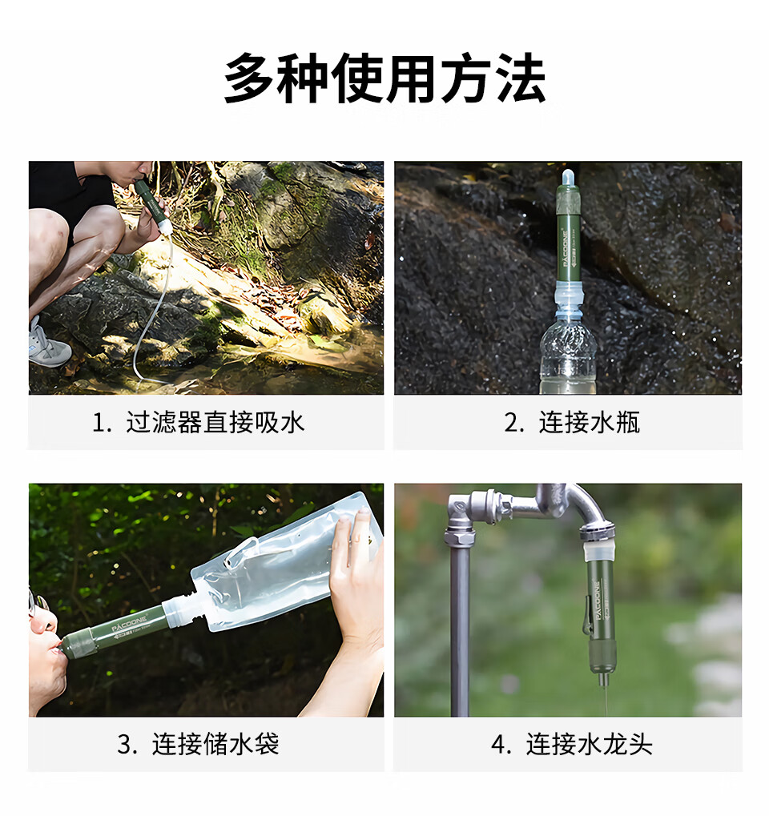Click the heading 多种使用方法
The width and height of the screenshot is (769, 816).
[384, 79]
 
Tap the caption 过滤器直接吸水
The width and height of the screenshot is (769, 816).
[215, 422]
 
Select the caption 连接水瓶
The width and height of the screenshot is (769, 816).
[589, 422]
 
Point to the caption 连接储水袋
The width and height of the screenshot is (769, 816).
[215, 744]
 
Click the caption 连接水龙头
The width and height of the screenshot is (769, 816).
[589, 744]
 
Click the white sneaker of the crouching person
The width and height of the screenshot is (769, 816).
[47, 345]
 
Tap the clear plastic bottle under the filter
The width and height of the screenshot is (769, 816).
[568, 356]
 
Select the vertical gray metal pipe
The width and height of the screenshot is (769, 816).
[460, 633]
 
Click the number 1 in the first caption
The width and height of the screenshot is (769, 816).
[99, 423]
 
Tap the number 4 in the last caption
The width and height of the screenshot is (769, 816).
[499, 745]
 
